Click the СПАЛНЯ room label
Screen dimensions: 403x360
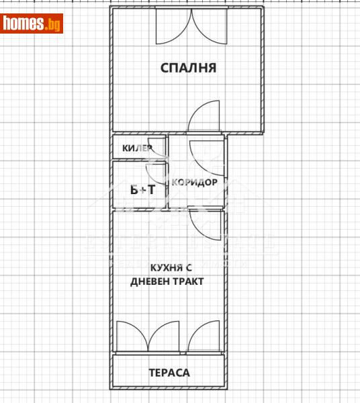pos(187,67)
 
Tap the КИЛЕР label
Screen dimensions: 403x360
pos(136,148)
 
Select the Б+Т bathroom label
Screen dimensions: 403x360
pos(142,189)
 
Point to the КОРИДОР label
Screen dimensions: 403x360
pos(194,182)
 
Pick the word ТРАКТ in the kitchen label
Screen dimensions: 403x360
pos(188,281)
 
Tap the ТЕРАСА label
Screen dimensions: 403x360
pos(169,372)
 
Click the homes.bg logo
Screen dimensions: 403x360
pos(32,24)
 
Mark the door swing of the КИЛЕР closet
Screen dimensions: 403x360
pos(159,150)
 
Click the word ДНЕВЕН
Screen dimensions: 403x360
pos(152,281)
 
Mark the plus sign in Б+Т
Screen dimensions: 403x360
pos(142,189)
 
